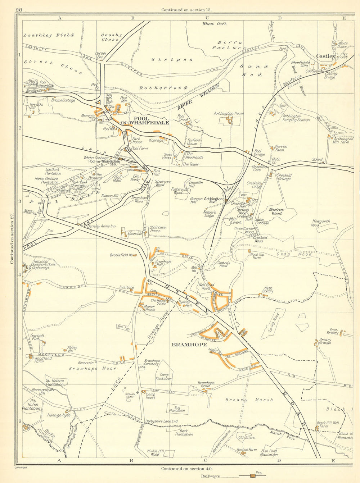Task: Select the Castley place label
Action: pos(325,56)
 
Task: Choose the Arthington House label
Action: pos(229,113)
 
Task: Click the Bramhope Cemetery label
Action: pos(152,363)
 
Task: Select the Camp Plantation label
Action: pos(163,377)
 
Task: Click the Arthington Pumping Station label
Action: pos(296,118)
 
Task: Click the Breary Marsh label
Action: pos(249,400)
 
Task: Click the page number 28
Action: pos(19,10)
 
